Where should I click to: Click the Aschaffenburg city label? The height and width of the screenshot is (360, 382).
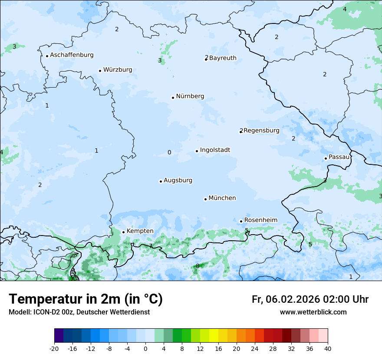point(72,55)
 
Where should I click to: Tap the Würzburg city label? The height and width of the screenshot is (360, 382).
point(118,70)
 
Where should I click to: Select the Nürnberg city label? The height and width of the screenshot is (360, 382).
point(190,96)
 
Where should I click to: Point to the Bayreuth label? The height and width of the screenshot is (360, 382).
point(223,58)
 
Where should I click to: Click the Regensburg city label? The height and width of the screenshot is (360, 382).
point(261,131)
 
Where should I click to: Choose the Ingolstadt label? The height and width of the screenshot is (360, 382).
point(215,150)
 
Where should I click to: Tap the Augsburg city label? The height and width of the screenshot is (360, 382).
point(178,180)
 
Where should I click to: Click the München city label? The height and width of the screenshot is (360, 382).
point(222,198)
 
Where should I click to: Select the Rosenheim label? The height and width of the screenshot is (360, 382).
point(260,220)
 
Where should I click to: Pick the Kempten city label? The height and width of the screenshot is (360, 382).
point(140,231)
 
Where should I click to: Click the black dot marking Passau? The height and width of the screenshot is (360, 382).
point(326,158)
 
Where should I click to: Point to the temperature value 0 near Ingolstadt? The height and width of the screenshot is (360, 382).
point(169,152)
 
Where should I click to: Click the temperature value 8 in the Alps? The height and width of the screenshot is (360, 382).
point(198,266)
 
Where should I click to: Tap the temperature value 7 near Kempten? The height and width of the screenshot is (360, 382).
point(151,246)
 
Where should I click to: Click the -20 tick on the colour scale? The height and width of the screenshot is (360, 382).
point(54,349)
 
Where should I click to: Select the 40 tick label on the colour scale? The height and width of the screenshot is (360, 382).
point(328,349)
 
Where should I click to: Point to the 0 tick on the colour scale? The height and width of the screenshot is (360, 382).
point(145,349)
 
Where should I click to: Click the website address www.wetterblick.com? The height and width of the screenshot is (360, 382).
point(313,312)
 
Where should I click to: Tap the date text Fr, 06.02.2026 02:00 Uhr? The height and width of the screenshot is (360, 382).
point(310,299)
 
